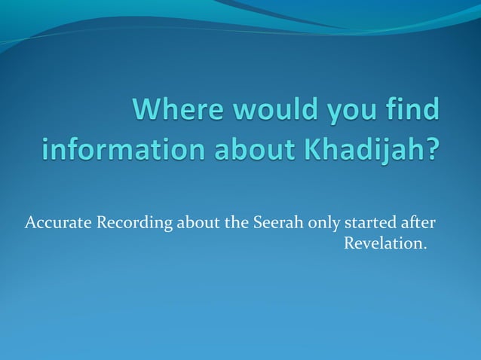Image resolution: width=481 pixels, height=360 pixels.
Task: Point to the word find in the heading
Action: coord(412,111)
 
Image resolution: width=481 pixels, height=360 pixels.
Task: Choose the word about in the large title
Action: coord(254,148)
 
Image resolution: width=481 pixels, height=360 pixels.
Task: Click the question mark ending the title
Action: coord(430,148)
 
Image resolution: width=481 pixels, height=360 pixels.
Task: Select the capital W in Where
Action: coord(147,111)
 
